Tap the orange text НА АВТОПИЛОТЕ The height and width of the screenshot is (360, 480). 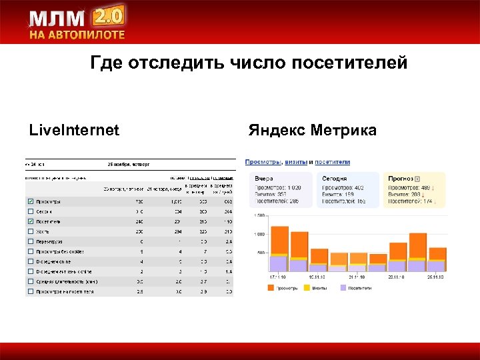point(76,35)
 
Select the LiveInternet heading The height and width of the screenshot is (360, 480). point(74,130)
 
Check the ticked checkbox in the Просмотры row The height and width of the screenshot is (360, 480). point(30,201)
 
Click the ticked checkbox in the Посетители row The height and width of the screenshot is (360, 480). point(30,221)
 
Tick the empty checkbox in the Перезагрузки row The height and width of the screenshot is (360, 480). point(30,241)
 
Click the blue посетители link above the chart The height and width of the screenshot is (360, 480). point(332,162)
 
